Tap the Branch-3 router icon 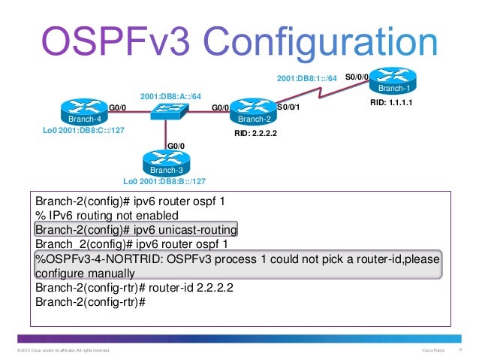(x=163, y=162)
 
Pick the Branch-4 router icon (x=81, y=112)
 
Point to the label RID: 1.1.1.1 (x=393, y=101)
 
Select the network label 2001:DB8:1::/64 (x=309, y=77)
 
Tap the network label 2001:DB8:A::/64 (x=170, y=95)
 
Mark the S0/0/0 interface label (x=357, y=77)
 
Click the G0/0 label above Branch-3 (x=176, y=146)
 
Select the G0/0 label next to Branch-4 (x=118, y=107)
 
